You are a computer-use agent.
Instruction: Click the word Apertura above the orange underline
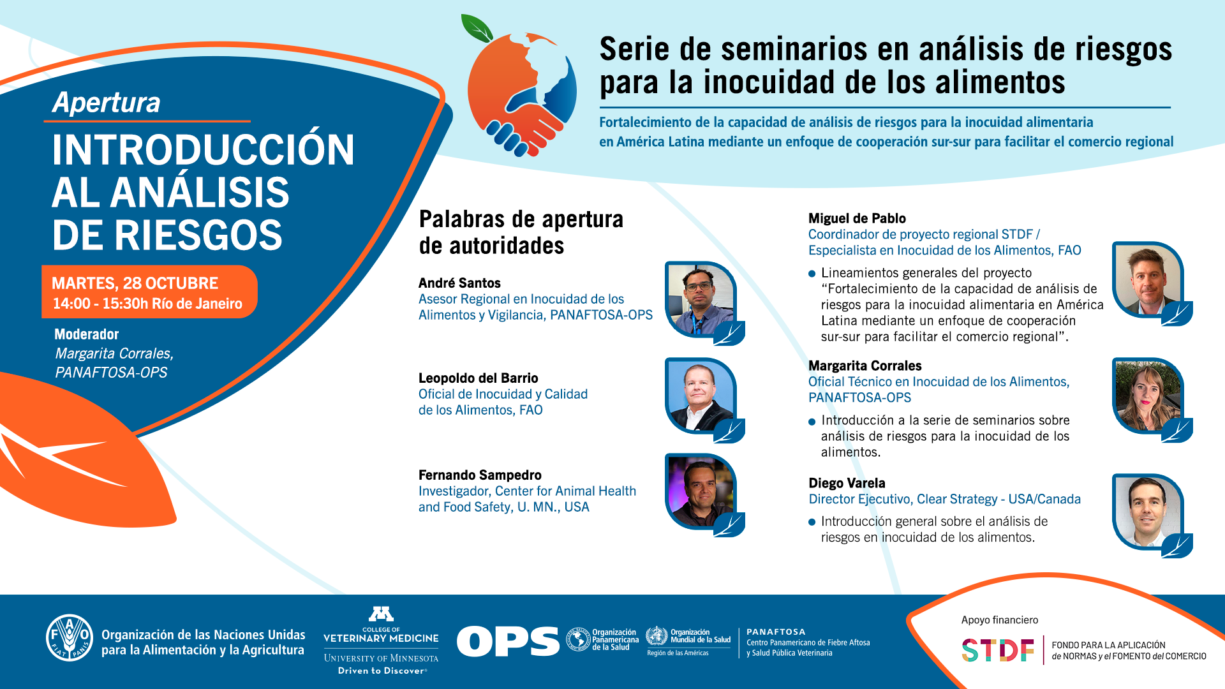pos(107,103)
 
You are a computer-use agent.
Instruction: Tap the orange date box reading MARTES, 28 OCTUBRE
pos(149,292)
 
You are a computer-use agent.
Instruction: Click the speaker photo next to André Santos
pos(701,300)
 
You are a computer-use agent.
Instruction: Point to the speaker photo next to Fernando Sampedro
pos(701,492)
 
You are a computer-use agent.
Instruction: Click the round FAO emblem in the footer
pos(70,638)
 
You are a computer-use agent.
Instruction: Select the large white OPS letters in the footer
pos(508,641)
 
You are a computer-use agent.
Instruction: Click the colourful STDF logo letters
pos(998,650)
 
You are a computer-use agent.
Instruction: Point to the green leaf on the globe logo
pos(477,28)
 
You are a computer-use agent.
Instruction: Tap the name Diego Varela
pos(847,483)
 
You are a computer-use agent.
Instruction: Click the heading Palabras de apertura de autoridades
pos(521,232)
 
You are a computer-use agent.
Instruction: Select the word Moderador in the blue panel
pos(86,334)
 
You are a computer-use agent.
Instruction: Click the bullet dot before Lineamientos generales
pos(812,274)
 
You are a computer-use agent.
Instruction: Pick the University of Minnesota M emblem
pos(381,614)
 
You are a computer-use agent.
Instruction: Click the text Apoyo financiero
pos(999,620)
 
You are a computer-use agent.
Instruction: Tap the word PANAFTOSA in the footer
pos(776,632)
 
